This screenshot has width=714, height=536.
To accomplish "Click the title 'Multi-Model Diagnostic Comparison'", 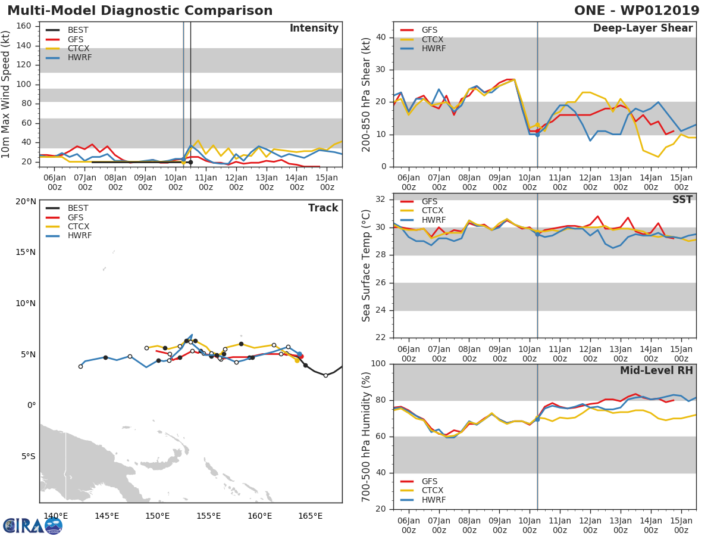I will pos(140,11).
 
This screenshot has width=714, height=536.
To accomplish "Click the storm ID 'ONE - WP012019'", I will pos(637,11).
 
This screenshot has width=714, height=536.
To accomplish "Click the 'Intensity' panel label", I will pos(314,29).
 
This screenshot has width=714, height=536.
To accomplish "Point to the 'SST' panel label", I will pos(682,200).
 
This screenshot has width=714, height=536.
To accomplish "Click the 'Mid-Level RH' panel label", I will pos(656,370).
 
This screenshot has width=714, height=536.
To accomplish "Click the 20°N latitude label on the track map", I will pos(26,201).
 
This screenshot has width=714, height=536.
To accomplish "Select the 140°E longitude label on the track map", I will pos(56,516).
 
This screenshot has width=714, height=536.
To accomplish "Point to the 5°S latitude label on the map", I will pos(26,457).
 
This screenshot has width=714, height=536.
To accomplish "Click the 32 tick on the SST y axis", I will pos(381,200).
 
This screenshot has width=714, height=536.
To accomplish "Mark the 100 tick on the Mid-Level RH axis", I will pos(378,364).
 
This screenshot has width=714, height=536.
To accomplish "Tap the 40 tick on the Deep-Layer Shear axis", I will pos(381,38).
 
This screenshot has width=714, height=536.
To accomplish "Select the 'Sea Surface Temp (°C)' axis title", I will pos(367,266).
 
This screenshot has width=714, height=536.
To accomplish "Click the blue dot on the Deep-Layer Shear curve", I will pos(537,135).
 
